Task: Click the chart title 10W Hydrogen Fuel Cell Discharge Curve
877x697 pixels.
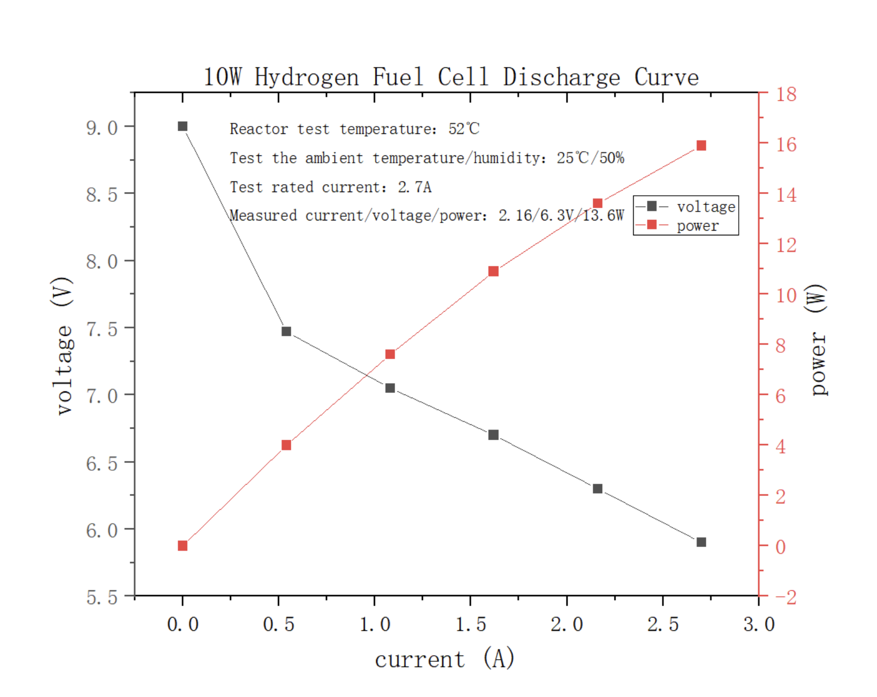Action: click(451, 77)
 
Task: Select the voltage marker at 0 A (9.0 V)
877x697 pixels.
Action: click(182, 126)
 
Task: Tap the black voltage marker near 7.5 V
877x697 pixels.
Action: click(286, 331)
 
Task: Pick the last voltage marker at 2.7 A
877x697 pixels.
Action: click(701, 542)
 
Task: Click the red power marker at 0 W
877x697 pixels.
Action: click(182, 546)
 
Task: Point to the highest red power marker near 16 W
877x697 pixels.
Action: click(701, 146)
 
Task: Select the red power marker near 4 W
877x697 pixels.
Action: click(286, 445)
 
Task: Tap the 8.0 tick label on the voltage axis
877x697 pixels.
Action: click(102, 262)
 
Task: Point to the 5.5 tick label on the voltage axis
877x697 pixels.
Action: click(102, 597)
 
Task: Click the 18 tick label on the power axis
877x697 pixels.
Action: click(786, 94)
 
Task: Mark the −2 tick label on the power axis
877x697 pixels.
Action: click(786, 597)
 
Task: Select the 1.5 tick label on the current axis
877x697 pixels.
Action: click(471, 624)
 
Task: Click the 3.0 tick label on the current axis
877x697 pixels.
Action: click(759, 624)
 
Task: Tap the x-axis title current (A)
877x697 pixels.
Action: click(444, 659)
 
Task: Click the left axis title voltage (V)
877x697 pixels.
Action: click(63, 346)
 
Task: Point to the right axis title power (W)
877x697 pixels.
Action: click(818, 339)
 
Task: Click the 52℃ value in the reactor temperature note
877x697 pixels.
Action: click(464, 129)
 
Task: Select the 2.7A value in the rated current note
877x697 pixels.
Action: click(414, 187)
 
